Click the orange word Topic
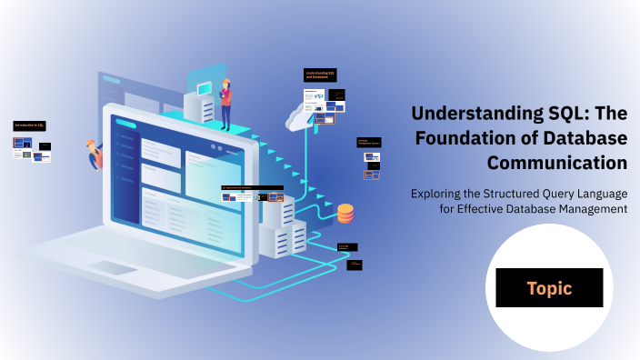549,288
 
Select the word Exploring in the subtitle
441,193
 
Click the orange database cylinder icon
345,214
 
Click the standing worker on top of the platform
225,103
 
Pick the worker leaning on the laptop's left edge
94,155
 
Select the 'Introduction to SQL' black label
30,125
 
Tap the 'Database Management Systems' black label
369,143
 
